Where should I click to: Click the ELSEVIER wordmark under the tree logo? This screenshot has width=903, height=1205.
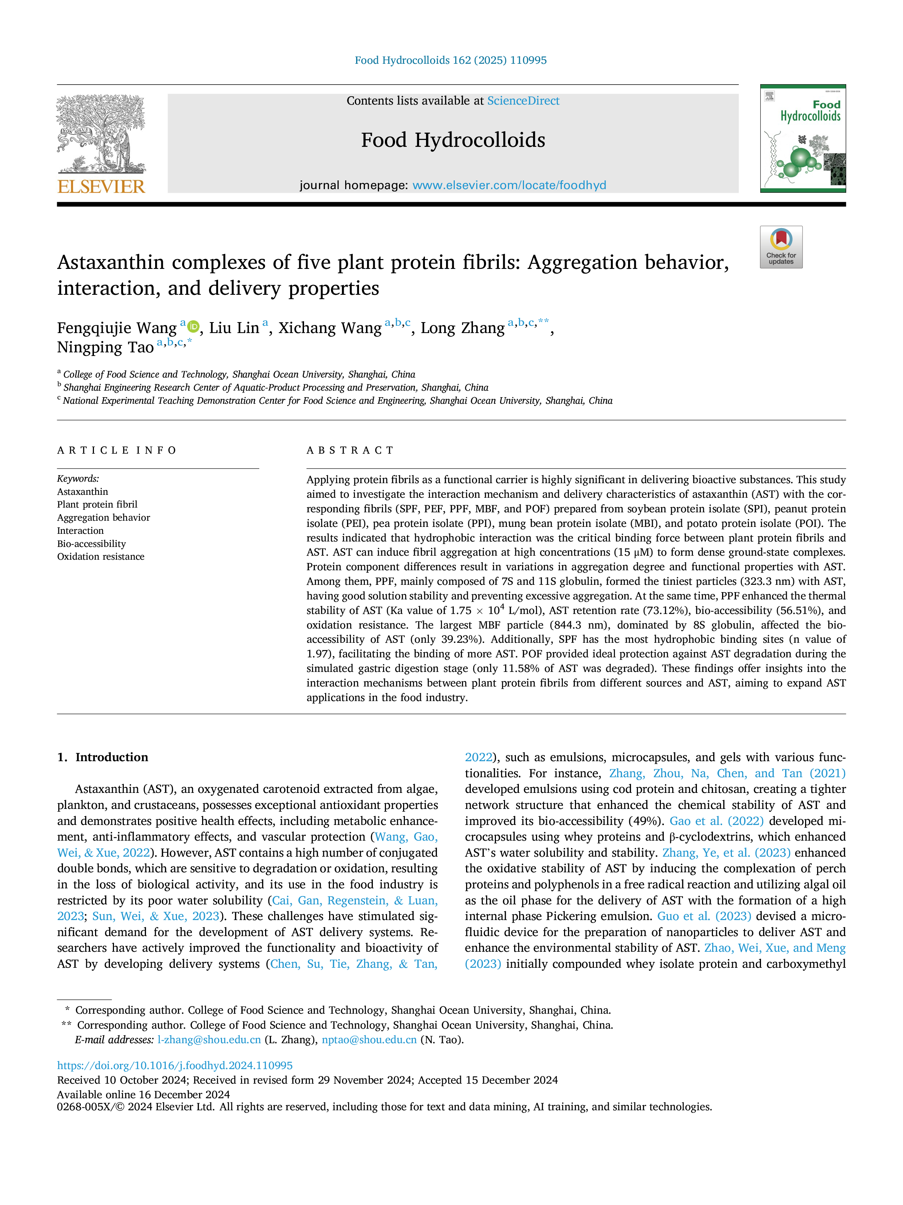coord(101,187)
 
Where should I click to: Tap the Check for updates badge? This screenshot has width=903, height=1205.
coord(781,247)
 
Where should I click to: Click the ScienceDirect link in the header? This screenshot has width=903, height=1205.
coord(523,101)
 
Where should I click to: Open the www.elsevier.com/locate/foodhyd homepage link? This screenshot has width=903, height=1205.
coord(509,185)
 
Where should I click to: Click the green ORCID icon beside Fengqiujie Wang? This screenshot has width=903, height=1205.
coord(193,326)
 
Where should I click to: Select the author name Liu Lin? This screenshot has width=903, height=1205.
coord(234,328)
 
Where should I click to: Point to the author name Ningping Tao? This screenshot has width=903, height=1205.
coord(106,348)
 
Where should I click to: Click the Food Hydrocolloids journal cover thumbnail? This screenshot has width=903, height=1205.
coord(803,138)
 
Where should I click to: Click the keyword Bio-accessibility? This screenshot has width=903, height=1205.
coord(91,544)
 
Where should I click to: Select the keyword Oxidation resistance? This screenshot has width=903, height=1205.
coord(101,557)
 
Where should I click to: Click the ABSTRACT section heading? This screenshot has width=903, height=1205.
coord(350,450)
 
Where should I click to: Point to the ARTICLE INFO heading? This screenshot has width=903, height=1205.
coord(117,450)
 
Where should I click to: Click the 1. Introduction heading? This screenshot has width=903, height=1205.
coord(103,757)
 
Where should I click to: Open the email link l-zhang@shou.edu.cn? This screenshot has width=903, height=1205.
coord(209,1040)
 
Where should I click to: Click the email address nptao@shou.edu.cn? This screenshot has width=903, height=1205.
coord(369,1040)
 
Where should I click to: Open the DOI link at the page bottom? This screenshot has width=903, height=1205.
coord(175,1065)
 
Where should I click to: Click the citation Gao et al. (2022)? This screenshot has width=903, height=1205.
coord(716,821)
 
